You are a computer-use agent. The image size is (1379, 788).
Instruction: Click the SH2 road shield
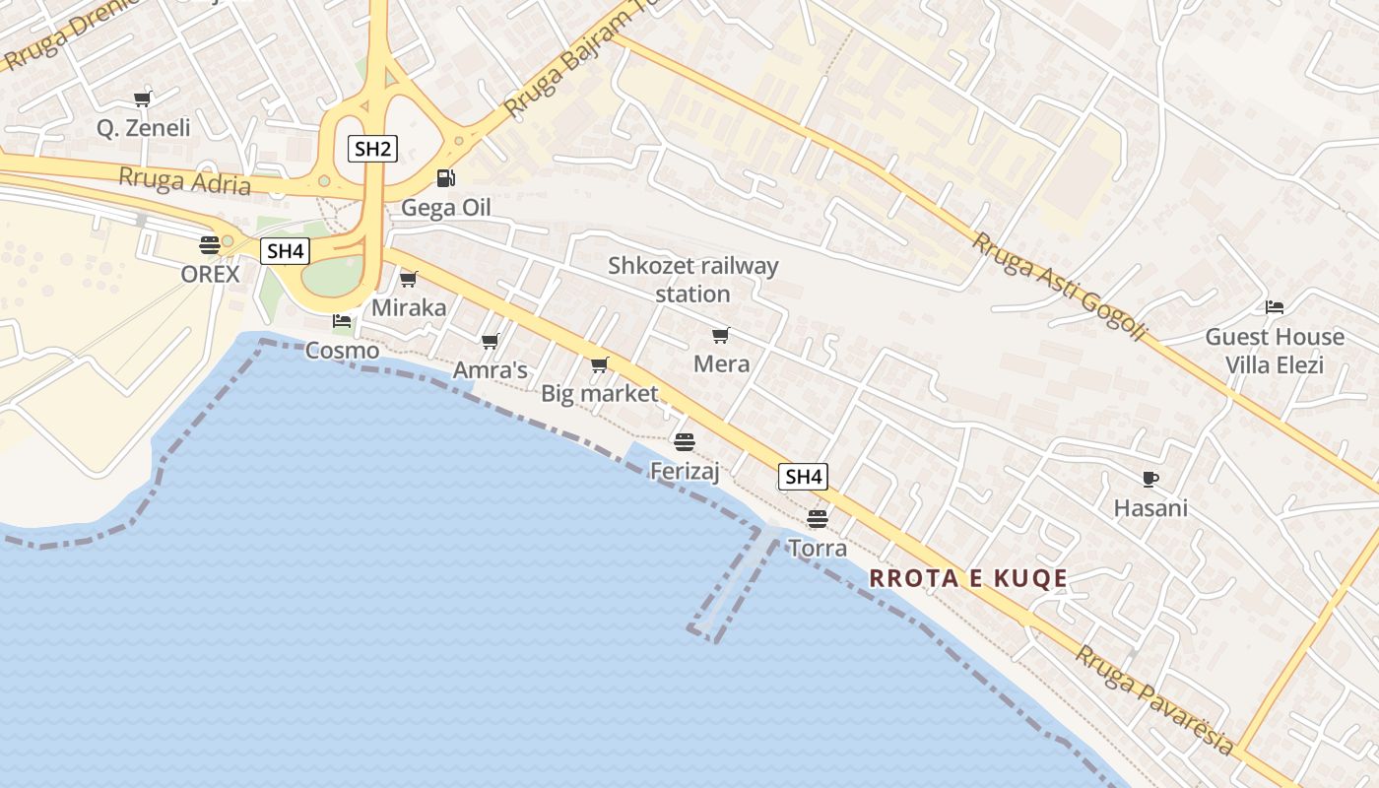(x=373, y=150)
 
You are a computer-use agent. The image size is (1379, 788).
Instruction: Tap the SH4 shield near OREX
(x=285, y=251)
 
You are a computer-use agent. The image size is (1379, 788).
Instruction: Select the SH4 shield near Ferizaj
(x=803, y=478)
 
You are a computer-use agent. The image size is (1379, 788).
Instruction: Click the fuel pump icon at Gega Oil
(x=446, y=178)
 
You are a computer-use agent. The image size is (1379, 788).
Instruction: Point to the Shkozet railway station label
(x=692, y=280)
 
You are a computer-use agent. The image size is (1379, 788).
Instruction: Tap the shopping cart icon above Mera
(x=721, y=336)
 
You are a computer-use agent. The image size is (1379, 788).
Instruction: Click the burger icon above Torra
(x=817, y=518)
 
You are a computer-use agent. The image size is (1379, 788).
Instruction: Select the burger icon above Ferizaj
(x=685, y=441)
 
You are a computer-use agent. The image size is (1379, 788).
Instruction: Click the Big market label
(x=599, y=394)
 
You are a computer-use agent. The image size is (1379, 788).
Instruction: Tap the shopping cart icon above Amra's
(x=490, y=342)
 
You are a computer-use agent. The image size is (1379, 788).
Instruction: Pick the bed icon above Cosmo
(x=342, y=321)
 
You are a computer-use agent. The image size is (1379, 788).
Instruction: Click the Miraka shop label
(x=409, y=308)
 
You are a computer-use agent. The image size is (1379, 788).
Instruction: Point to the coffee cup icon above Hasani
(x=1149, y=480)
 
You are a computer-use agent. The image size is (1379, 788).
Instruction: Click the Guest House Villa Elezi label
(x=1275, y=351)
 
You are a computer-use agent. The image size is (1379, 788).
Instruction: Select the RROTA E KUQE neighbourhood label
(x=969, y=578)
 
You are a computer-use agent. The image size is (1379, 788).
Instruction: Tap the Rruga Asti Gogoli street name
(x=1060, y=287)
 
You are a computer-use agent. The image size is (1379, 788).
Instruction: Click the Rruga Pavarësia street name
(x=1154, y=699)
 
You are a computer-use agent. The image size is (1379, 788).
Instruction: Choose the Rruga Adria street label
(x=185, y=181)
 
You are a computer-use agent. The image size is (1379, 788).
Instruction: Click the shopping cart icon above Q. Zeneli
(x=143, y=98)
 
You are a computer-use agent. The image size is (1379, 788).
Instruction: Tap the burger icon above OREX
(x=210, y=244)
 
